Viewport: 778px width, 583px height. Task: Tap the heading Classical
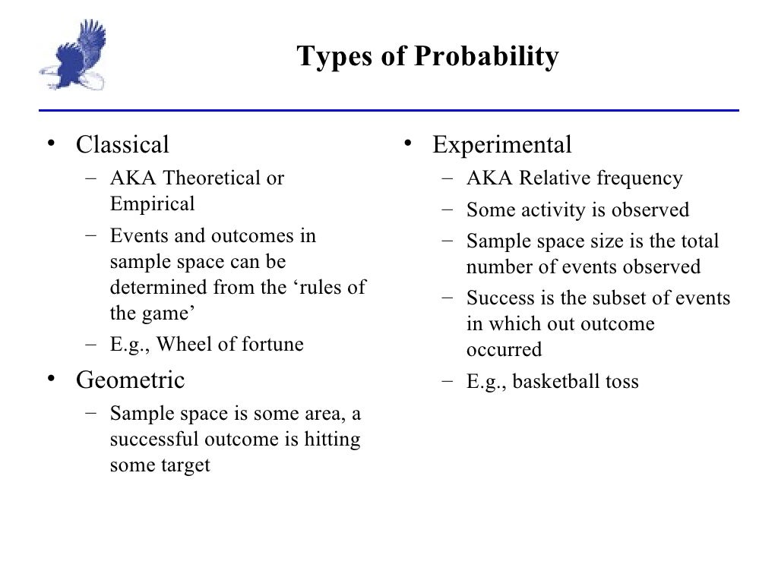click(x=122, y=144)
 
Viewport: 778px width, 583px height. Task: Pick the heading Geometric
click(x=130, y=380)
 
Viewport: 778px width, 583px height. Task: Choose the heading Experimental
click(x=502, y=144)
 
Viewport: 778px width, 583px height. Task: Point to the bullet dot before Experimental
click(x=408, y=143)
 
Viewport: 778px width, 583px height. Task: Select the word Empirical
click(x=153, y=204)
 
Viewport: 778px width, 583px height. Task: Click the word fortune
click(x=273, y=345)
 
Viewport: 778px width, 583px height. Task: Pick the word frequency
click(x=640, y=178)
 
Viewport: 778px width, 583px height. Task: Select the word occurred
click(x=504, y=350)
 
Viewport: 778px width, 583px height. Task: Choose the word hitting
click(x=331, y=440)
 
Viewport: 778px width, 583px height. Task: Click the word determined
click(x=156, y=288)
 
